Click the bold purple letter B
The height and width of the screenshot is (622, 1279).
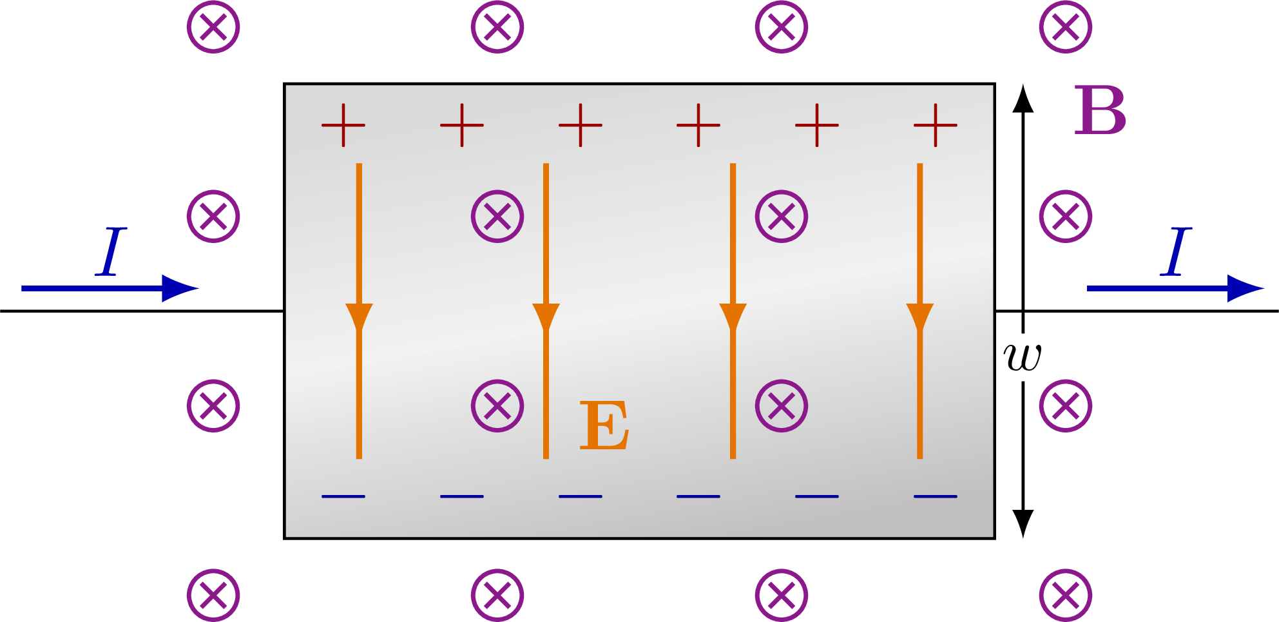pos(1100,111)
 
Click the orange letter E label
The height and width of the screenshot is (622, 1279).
pos(604,425)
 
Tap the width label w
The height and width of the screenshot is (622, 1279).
pos(1023,357)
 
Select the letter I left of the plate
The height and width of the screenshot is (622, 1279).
pos(111,251)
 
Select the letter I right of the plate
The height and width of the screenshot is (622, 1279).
pos(1176,251)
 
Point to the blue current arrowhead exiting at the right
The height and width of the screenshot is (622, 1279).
pos(1245,288)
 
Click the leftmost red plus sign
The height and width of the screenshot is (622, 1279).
pos(343,125)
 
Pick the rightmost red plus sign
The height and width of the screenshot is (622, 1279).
pos(936,125)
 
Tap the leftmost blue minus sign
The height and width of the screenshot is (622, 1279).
pos(343,496)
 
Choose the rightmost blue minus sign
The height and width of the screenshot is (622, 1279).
pos(936,496)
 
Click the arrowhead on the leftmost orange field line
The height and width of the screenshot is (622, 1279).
pos(359,316)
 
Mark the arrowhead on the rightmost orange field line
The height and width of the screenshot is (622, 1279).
pos(919,316)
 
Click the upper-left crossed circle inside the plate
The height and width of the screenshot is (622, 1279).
pos(497,216)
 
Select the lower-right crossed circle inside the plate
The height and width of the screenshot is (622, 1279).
pos(782,405)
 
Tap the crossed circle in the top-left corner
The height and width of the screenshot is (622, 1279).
pos(213,27)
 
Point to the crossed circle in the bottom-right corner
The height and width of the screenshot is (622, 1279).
pos(1066,595)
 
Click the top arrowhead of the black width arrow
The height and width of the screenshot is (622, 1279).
pos(1023,98)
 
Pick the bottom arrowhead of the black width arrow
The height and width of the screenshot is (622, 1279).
pos(1023,523)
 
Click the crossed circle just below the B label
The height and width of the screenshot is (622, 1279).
pos(1066,216)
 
